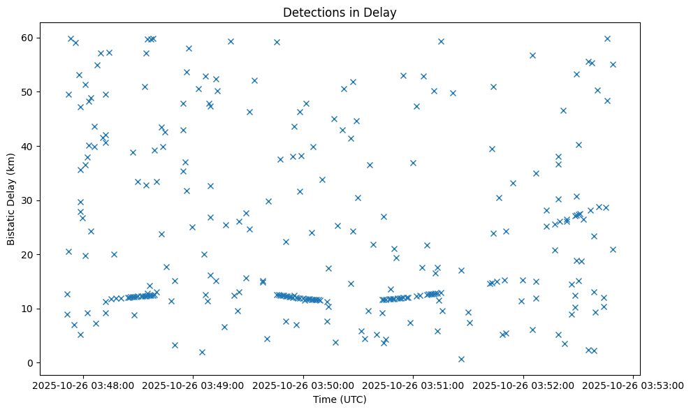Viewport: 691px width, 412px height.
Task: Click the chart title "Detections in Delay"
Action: (339, 12)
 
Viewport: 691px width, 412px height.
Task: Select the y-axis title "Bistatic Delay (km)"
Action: (11, 199)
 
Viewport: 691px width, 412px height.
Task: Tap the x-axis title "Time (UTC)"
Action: (339, 400)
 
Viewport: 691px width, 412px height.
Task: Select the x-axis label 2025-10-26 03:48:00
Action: (83, 385)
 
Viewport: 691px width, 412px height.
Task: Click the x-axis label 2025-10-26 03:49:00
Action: (194, 385)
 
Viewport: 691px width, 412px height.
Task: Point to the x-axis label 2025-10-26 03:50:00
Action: (303, 385)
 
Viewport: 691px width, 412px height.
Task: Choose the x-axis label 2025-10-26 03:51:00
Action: (414, 385)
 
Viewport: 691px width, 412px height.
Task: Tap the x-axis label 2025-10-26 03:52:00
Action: (523, 385)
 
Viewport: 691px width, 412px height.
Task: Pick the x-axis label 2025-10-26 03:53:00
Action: (634, 385)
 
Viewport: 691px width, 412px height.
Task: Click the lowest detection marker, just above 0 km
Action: (461, 359)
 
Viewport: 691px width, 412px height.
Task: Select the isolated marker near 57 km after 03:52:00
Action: (532, 55)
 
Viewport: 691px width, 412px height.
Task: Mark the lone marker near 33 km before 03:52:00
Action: (513, 183)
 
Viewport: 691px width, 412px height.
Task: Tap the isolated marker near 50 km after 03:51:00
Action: (453, 93)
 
